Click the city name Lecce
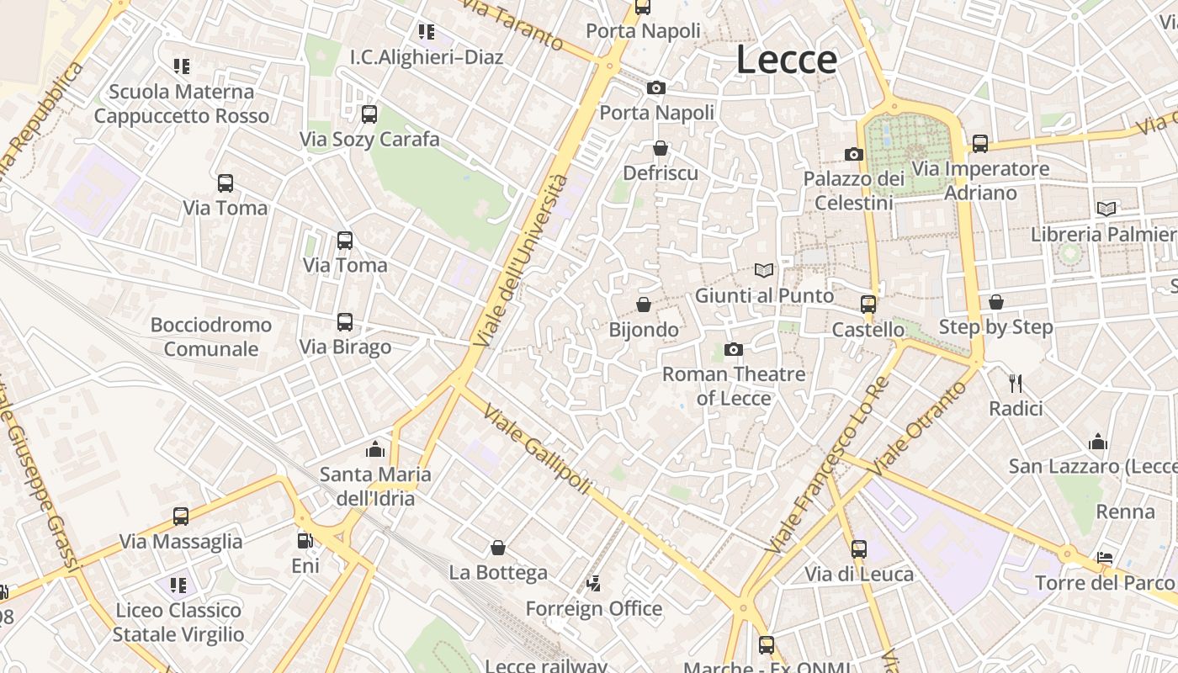[787, 60]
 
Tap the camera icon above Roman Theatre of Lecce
[734, 349]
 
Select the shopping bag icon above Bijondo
[644, 305]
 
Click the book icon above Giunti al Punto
[764, 271]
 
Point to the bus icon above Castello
[868, 305]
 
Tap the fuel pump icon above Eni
[305, 541]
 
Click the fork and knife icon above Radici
[1016, 384]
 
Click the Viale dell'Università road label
[522, 261]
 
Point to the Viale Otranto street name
[921, 427]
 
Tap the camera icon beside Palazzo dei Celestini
[854, 155]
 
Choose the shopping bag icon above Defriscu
[661, 148]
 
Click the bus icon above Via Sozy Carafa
[369, 114]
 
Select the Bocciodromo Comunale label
[211, 336]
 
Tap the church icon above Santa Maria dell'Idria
[375, 449]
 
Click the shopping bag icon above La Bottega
[498, 548]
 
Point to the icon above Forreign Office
[594, 583]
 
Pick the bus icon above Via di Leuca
[859, 549]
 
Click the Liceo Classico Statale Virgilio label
[178, 622]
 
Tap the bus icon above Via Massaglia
[181, 517]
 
